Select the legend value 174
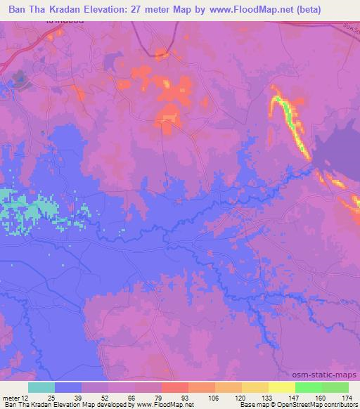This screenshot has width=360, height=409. [x=348, y=397]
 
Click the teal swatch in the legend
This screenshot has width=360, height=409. [x=41, y=387]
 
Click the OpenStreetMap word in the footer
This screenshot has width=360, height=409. [x=327, y=405]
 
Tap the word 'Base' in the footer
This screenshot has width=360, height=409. [x=247, y=405]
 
